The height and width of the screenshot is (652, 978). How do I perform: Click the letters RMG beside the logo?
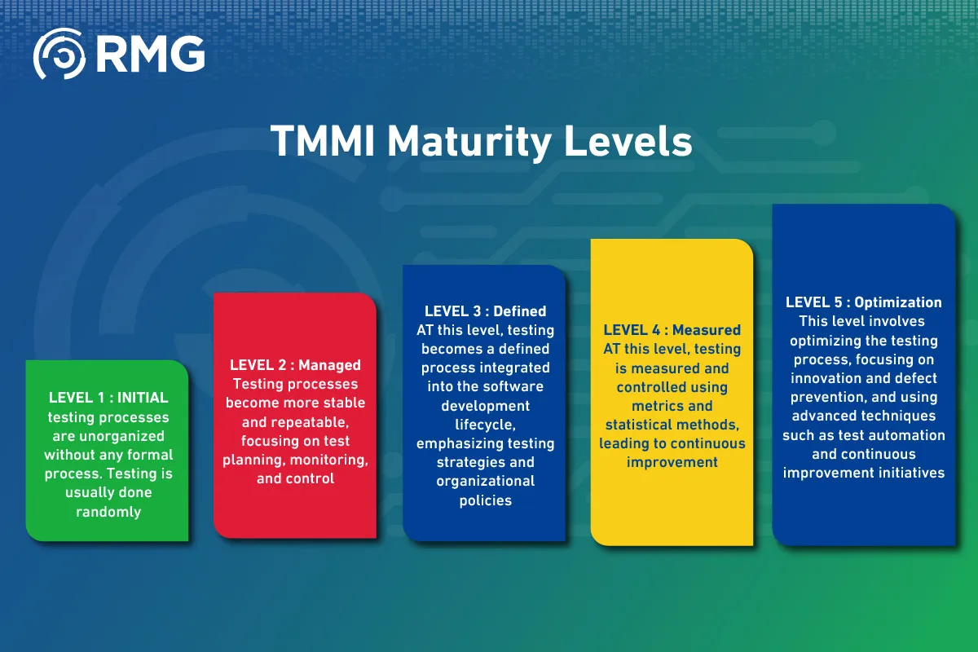(151, 54)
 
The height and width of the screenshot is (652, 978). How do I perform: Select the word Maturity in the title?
(469, 143)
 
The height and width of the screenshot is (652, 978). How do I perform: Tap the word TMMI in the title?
(323, 141)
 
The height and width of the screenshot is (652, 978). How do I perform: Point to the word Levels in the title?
(628, 141)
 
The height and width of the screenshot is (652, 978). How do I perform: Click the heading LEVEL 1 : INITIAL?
(108, 398)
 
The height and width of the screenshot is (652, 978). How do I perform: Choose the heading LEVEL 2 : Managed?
(295, 365)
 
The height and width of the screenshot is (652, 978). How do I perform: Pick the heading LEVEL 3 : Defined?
(485, 311)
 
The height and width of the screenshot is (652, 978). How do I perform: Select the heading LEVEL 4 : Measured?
(672, 330)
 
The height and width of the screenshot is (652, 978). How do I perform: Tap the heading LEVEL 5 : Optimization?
(864, 302)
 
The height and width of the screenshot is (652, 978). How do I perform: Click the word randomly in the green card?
(108, 512)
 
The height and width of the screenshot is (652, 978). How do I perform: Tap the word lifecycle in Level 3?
(485, 425)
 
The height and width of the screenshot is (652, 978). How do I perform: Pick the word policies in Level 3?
(485, 500)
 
